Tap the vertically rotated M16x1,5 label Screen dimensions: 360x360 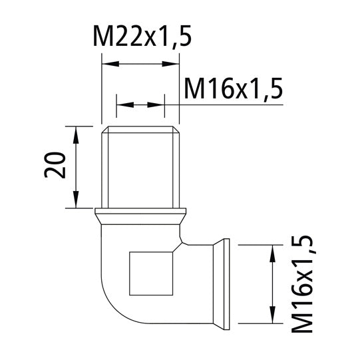(304, 283)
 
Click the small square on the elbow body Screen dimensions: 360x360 (152, 273)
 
